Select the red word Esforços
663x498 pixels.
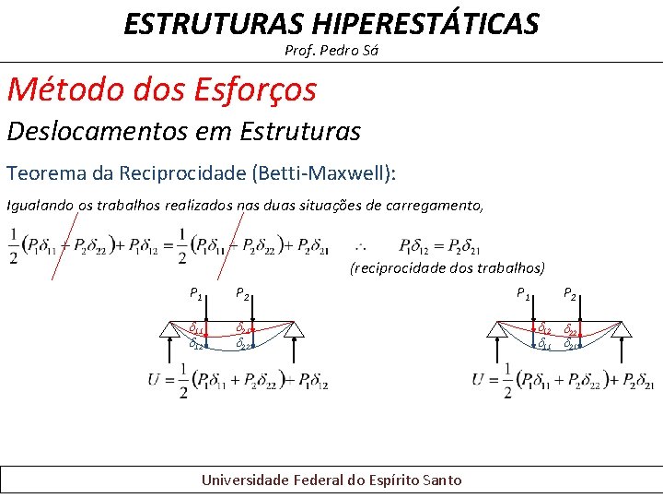click(255, 89)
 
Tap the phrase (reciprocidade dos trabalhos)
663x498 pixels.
click(448, 267)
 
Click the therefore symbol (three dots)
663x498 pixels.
click(361, 246)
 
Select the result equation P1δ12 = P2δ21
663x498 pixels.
click(440, 246)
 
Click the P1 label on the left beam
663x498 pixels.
click(196, 294)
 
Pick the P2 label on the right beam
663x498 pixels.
click(570, 294)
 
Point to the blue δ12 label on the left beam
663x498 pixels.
click(197, 344)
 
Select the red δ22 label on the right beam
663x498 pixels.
click(571, 329)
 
